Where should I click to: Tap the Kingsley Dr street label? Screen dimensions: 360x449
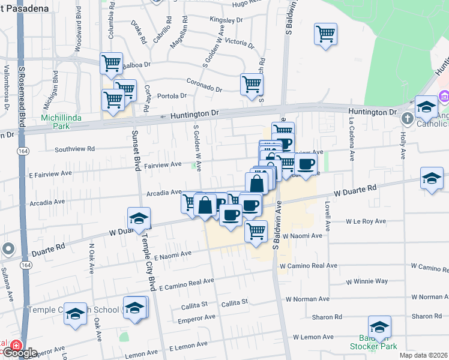pyautogui.click(x=226, y=20)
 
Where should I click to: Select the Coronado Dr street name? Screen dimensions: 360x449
pyautogui.click(x=204, y=85)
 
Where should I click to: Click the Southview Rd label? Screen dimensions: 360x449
pyautogui.click(x=75, y=149)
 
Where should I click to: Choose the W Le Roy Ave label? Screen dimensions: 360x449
pyautogui.click(x=366, y=221)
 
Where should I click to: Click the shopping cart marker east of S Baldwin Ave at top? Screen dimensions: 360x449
pyautogui.click(x=325, y=34)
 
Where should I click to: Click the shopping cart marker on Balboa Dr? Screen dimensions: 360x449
pyautogui.click(x=111, y=64)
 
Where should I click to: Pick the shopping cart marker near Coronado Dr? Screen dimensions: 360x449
pyautogui.click(x=252, y=84)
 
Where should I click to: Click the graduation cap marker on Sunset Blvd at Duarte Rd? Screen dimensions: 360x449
pyautogui.click(x=139, y=218)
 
